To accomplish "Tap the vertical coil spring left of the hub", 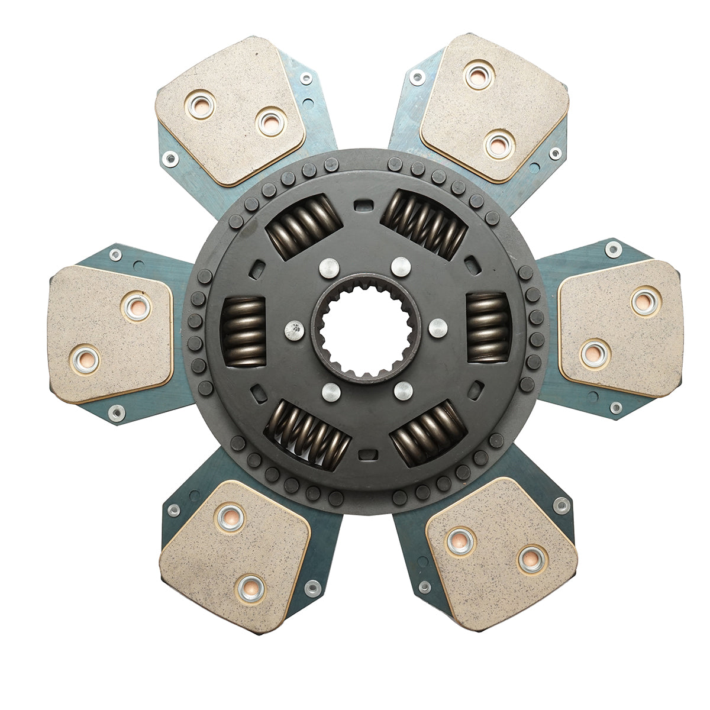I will click(x=243, y=332).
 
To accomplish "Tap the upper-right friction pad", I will click(x=494, y=108).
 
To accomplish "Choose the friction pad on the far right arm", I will click(x=621, y=328).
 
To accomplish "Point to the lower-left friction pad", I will click(x=234, y=556).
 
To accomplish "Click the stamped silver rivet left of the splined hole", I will click(x=293, y=330).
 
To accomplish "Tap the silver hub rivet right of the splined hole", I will click(x=438, y=327).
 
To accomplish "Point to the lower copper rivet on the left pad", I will click(x=84, y=359).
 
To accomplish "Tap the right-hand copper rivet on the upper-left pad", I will click(x=272, y=122).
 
